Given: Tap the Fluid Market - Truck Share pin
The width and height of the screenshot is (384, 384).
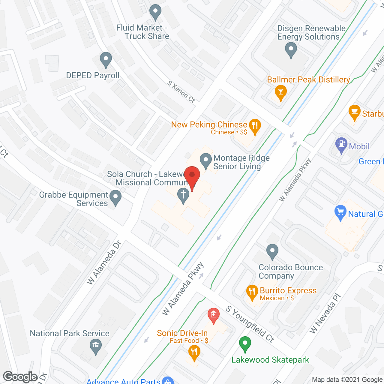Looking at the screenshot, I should [155, 12].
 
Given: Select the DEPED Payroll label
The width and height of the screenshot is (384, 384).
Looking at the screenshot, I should [93, 75].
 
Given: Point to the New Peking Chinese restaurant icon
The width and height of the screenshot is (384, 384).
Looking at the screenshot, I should [255, 127].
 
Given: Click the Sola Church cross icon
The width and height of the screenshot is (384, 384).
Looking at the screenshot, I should [183, 195].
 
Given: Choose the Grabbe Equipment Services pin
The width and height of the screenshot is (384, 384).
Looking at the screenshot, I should [115, 198].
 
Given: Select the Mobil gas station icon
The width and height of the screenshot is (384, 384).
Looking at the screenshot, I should [341, 145].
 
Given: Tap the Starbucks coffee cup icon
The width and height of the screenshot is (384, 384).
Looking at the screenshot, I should [355, 112].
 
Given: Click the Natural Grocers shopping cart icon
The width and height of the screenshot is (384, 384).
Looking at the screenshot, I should [340, 212].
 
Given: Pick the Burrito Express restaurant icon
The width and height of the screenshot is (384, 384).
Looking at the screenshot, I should [252, 292].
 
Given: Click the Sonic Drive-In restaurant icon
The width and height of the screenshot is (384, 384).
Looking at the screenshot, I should [194, 352].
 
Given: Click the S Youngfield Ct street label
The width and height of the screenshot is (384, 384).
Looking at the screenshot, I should [250, 324].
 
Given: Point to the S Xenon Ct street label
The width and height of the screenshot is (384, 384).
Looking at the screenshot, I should [181, 91].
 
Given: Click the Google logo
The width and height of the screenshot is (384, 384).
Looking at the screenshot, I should [20, 377].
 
